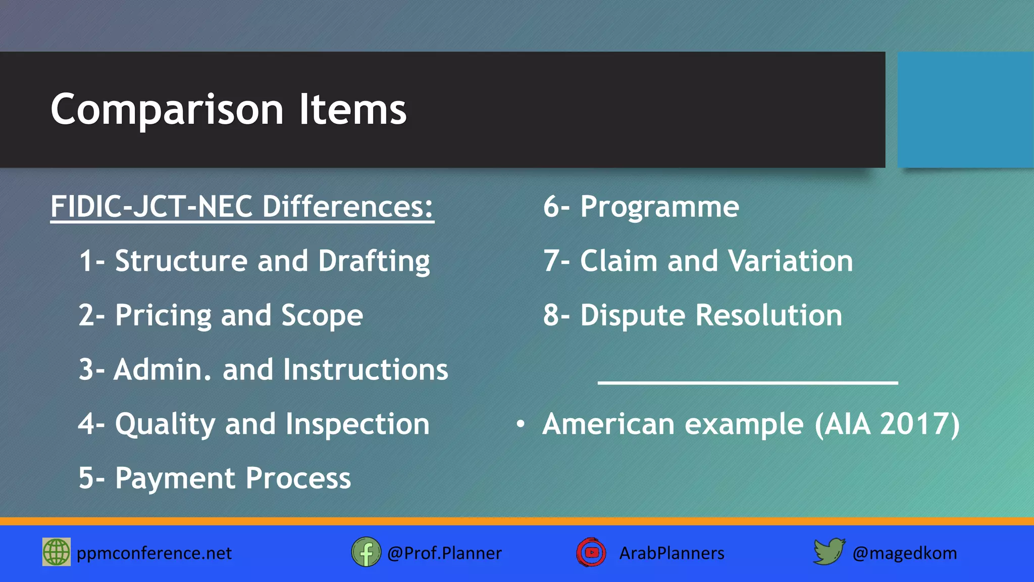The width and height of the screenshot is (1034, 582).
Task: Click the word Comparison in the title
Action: point(167,111)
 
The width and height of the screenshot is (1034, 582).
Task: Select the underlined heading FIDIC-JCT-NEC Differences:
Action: point(242,207)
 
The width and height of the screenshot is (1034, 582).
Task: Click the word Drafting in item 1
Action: point(374,262)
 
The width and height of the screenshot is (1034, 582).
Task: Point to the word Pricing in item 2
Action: point(163,316)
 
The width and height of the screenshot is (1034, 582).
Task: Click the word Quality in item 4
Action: point(165,424)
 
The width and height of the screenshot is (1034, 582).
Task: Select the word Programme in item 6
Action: point(659,207)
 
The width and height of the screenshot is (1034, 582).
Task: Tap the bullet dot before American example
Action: point(521,424)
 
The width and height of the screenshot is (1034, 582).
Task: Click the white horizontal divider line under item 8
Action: point(747,383)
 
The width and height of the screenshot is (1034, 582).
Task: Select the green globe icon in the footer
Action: point(57,552)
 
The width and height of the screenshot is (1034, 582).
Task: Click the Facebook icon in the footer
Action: point(366,552)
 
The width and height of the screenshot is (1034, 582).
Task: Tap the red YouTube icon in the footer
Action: point(591,552)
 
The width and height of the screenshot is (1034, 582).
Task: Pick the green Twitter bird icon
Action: point(829,551)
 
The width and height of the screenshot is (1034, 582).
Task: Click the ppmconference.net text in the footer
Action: point(154,553)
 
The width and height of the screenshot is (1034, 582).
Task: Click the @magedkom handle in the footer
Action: point(904,553)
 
